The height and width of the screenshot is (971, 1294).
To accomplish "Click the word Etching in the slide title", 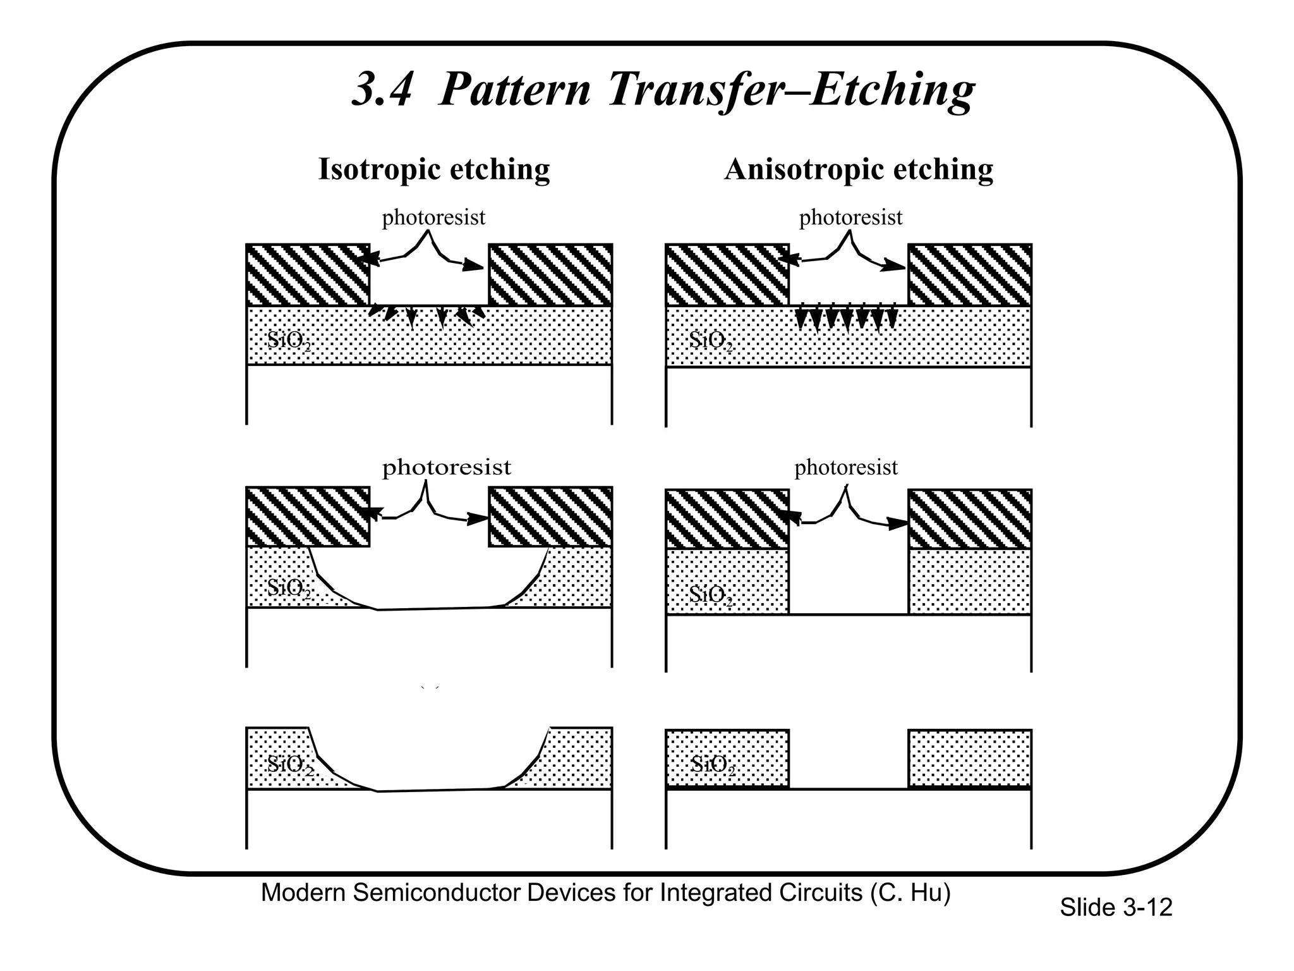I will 892,90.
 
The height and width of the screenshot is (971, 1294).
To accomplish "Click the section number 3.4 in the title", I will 382,90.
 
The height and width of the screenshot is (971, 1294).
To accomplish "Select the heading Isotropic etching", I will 434,169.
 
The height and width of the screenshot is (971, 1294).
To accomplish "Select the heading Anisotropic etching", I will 859,169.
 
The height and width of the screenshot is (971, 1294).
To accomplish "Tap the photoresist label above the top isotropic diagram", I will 433,217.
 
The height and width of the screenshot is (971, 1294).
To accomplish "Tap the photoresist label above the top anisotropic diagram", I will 850,217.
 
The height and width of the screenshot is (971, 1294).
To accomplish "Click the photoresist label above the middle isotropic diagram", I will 446,467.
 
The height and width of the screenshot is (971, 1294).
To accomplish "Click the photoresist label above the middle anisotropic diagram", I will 845,467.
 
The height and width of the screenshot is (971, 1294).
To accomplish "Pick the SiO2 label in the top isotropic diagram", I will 289,341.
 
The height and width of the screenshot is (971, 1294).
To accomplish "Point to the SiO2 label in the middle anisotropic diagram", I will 711,595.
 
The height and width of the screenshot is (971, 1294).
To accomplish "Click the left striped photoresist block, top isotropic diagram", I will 308,275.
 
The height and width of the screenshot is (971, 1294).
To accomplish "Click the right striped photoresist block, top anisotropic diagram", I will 970,275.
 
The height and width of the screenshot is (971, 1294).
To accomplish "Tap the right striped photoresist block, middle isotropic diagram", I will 550,516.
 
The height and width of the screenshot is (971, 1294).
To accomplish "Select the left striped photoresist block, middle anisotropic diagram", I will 727,519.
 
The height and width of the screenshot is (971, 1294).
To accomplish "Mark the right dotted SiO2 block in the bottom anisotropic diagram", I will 970,759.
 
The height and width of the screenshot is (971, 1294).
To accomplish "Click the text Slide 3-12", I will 1116,908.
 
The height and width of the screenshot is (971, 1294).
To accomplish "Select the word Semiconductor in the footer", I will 437,893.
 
